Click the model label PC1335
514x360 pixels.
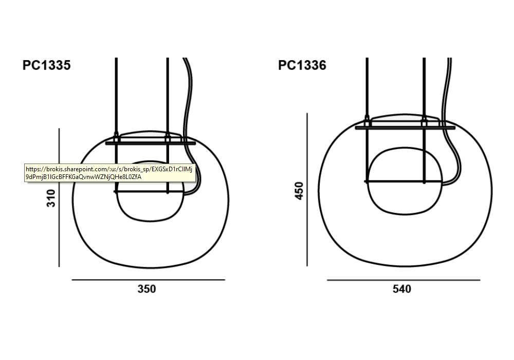[47, 65]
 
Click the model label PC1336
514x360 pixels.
[302, 65]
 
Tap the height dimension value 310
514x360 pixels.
[51, 199]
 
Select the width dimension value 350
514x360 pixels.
[146, 289]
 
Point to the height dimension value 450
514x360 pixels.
[299, 190]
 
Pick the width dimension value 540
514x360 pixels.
[402, 289]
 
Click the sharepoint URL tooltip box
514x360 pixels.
[110, 173]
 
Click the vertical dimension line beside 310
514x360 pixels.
[59, 197]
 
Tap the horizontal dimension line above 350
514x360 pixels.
[148, 280]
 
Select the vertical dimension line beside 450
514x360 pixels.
[307, 189]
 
